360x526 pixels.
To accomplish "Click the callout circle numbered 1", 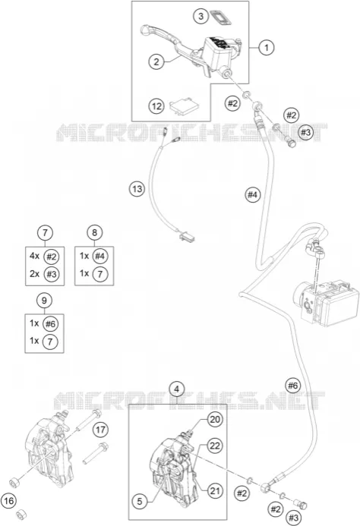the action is pyautogui.click(x=267, y=47).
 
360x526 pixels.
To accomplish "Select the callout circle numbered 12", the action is pyautogui.click(x=156, y=106).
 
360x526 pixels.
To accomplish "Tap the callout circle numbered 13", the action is pyautogui.click(x=137, y=189).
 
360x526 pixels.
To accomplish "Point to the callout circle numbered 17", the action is pyautogui.click(x=100, y=430).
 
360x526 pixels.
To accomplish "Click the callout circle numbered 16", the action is pyautogui.click(x=8, y=501).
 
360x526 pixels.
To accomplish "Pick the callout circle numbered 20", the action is pyautogui.click(x=215, y=419).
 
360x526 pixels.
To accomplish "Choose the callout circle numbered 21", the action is pyautogui.click(x=215, y=491).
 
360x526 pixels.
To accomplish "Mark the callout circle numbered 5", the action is pyautogui.click(x=139, y=502).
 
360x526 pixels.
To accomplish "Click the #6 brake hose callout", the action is pyautogui.click(x=293, y=386).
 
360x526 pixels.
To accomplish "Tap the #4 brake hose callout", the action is pyautogui.click(x=253, y=194).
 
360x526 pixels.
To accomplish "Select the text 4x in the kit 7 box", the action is pyautogui.click(x=34, y=256).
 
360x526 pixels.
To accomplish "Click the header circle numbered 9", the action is pyautogui.click(x=44, y=301).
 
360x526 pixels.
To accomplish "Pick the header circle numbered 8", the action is pyautogui.click(x=94, y=232).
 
